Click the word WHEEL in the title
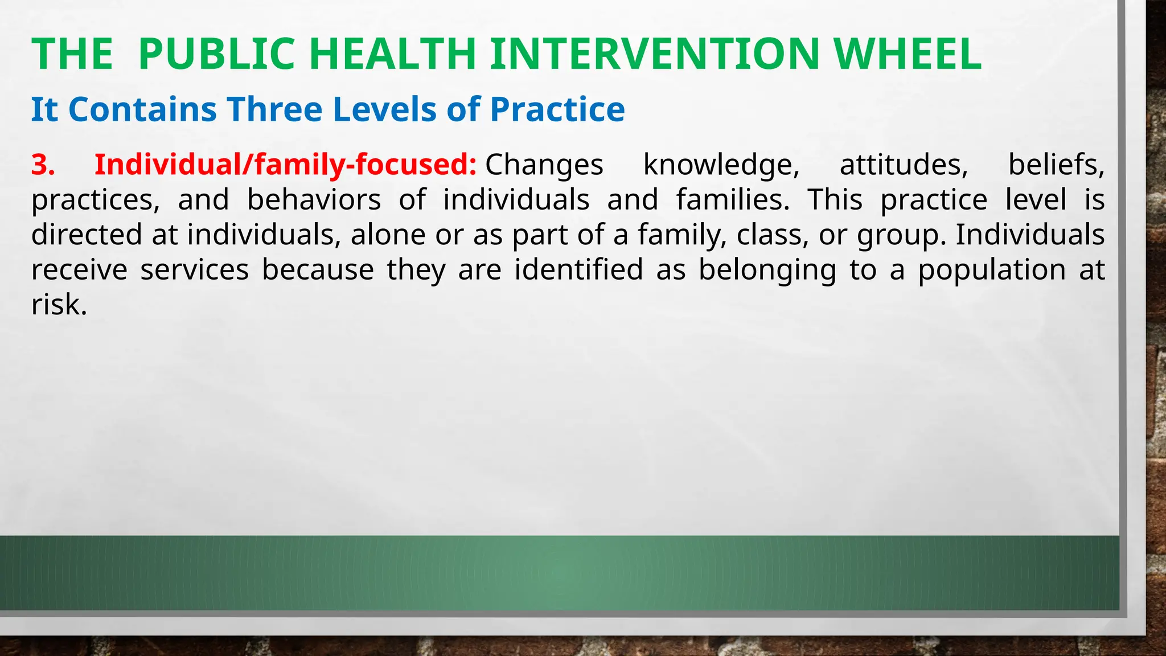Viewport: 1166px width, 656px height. [908, 55]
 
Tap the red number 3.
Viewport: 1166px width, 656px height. [43, 165]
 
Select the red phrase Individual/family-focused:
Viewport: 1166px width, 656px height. [285, 165]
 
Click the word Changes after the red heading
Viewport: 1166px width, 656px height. [544, 165]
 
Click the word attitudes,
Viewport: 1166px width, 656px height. [904, 165]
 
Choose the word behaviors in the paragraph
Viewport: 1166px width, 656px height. [314, 200]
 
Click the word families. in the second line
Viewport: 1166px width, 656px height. [733, 200]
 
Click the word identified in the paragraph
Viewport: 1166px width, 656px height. [578, 270]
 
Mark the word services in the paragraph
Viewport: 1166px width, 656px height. [195, 270]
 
